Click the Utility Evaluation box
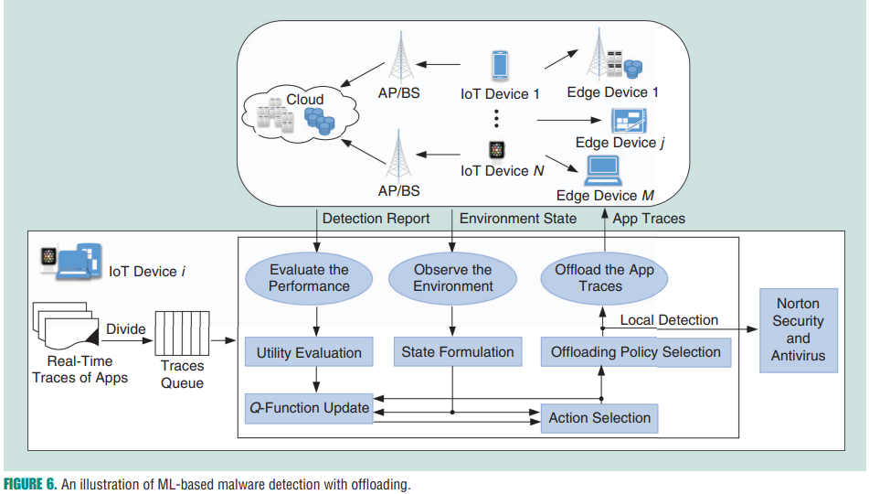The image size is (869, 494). [309, 352]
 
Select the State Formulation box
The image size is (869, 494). [458, 351]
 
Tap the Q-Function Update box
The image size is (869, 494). [310, 407]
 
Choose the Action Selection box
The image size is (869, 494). [599, 418]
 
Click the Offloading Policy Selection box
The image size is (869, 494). [636, 351]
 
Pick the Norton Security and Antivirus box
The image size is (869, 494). [798, 329]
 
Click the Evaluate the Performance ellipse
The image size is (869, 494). [309, 278]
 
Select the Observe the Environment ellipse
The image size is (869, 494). [453, 278]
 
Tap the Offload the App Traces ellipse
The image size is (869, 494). [604, 278]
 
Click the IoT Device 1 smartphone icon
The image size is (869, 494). [500, 66]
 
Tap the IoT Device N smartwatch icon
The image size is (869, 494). [496, 149]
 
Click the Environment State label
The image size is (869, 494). [517, 219]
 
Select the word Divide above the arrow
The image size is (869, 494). [126, 328]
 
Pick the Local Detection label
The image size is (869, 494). [669, 319]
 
